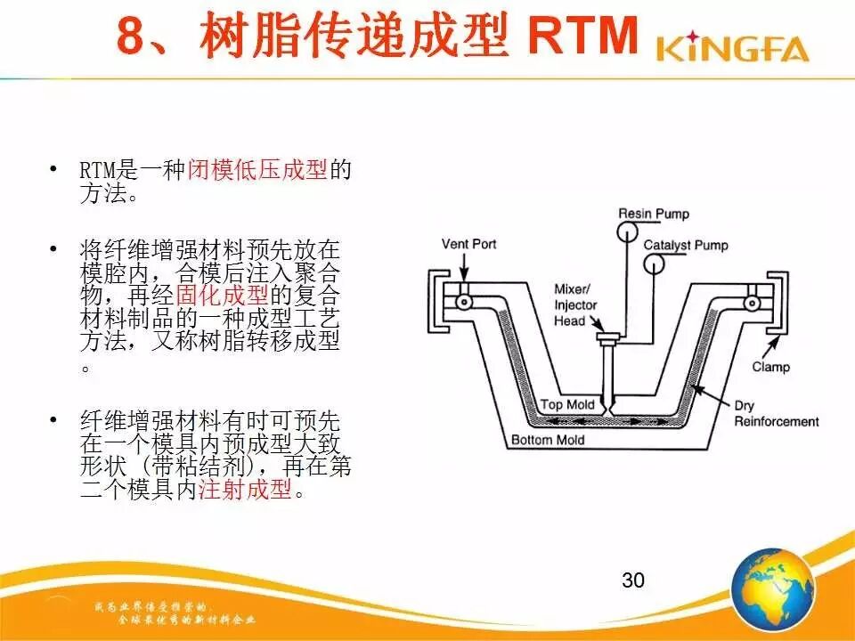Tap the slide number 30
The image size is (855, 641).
[632, 580]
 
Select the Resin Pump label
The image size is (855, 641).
[654, 214]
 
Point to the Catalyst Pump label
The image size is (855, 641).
[685, 245]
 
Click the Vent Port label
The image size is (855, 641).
[468, 244]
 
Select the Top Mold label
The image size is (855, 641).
[567, 405]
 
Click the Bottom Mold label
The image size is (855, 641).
[548, 440]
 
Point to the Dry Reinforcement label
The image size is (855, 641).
[776, 414]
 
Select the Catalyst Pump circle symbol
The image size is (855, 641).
[655, 264]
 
